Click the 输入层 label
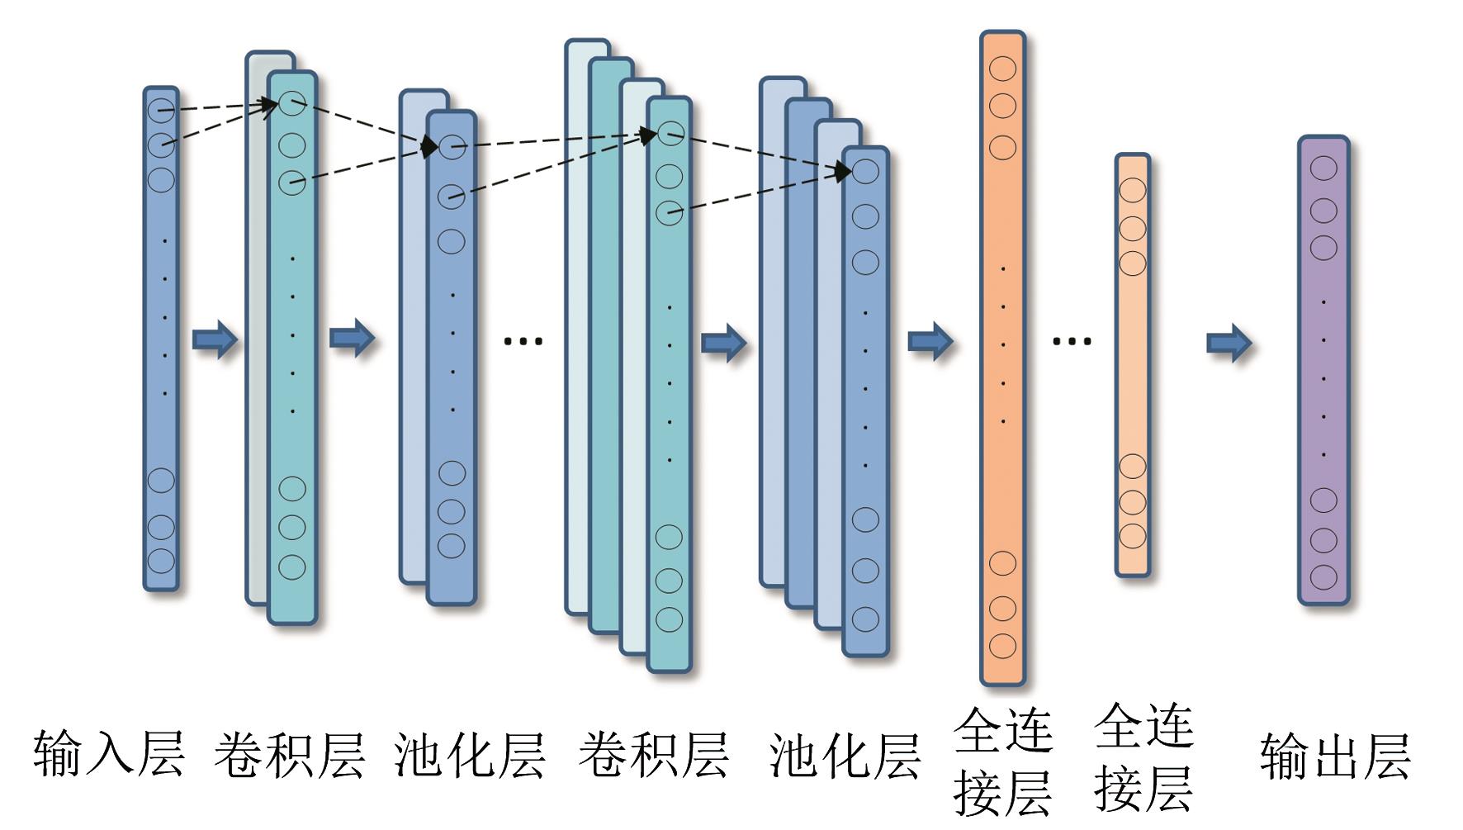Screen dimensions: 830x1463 coord(108,753)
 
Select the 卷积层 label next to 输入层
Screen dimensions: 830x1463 coord(289,753)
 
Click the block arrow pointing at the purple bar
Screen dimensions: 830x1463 coord(1229,341)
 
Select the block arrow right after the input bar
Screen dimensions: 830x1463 coord(215,339)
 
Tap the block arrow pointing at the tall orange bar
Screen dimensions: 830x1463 coord(930,340)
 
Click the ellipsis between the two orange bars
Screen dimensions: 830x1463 coord(1072,340)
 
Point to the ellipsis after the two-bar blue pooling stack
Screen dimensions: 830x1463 coord(523,339)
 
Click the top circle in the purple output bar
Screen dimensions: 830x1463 coord(1323,168)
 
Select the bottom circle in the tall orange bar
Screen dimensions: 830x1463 coord(1002,646)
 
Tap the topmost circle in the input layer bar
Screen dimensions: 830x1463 coord(161,109)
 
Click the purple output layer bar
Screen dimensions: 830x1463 coord(1323,372)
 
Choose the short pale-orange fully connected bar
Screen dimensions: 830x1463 coord(1133,363)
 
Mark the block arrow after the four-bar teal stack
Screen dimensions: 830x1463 coord(723,341)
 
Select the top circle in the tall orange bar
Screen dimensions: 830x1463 coord(1002,69)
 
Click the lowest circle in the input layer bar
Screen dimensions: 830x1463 coord(161,562)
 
